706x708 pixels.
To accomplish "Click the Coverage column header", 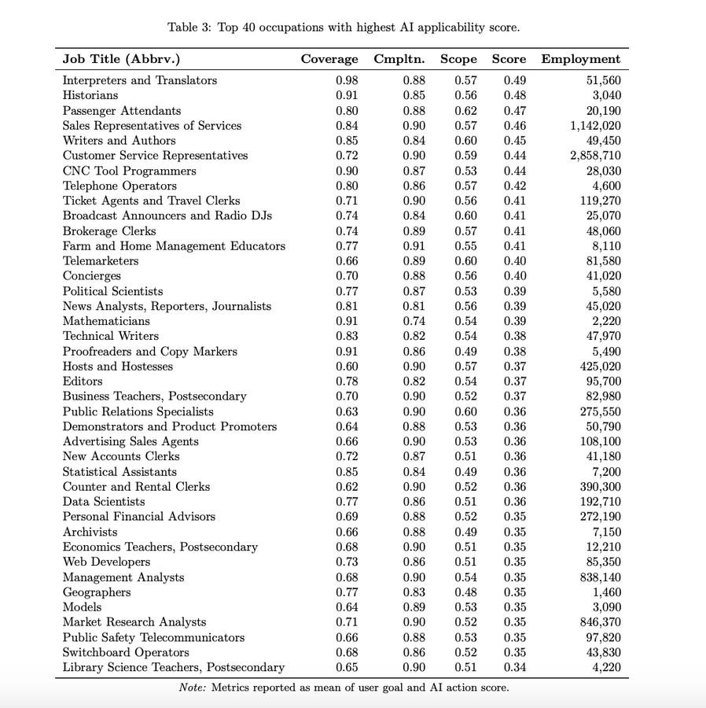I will [329, 59].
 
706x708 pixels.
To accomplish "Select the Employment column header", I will [580, 59].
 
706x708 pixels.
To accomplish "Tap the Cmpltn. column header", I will [399, 59].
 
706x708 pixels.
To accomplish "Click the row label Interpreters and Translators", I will [140, 80].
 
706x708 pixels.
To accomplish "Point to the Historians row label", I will [90, 95].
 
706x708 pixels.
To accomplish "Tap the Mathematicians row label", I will [106, 321].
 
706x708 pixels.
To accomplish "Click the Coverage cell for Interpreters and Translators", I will [347, 80].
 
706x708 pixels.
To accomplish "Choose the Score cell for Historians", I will [515, 95].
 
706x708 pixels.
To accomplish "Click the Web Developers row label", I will [106, 562].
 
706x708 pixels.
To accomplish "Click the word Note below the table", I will [192, 688].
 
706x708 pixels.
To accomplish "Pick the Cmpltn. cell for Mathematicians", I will [414, 321].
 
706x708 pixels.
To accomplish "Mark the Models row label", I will [82, 607].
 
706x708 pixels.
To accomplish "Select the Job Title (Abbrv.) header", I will [121, 59].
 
